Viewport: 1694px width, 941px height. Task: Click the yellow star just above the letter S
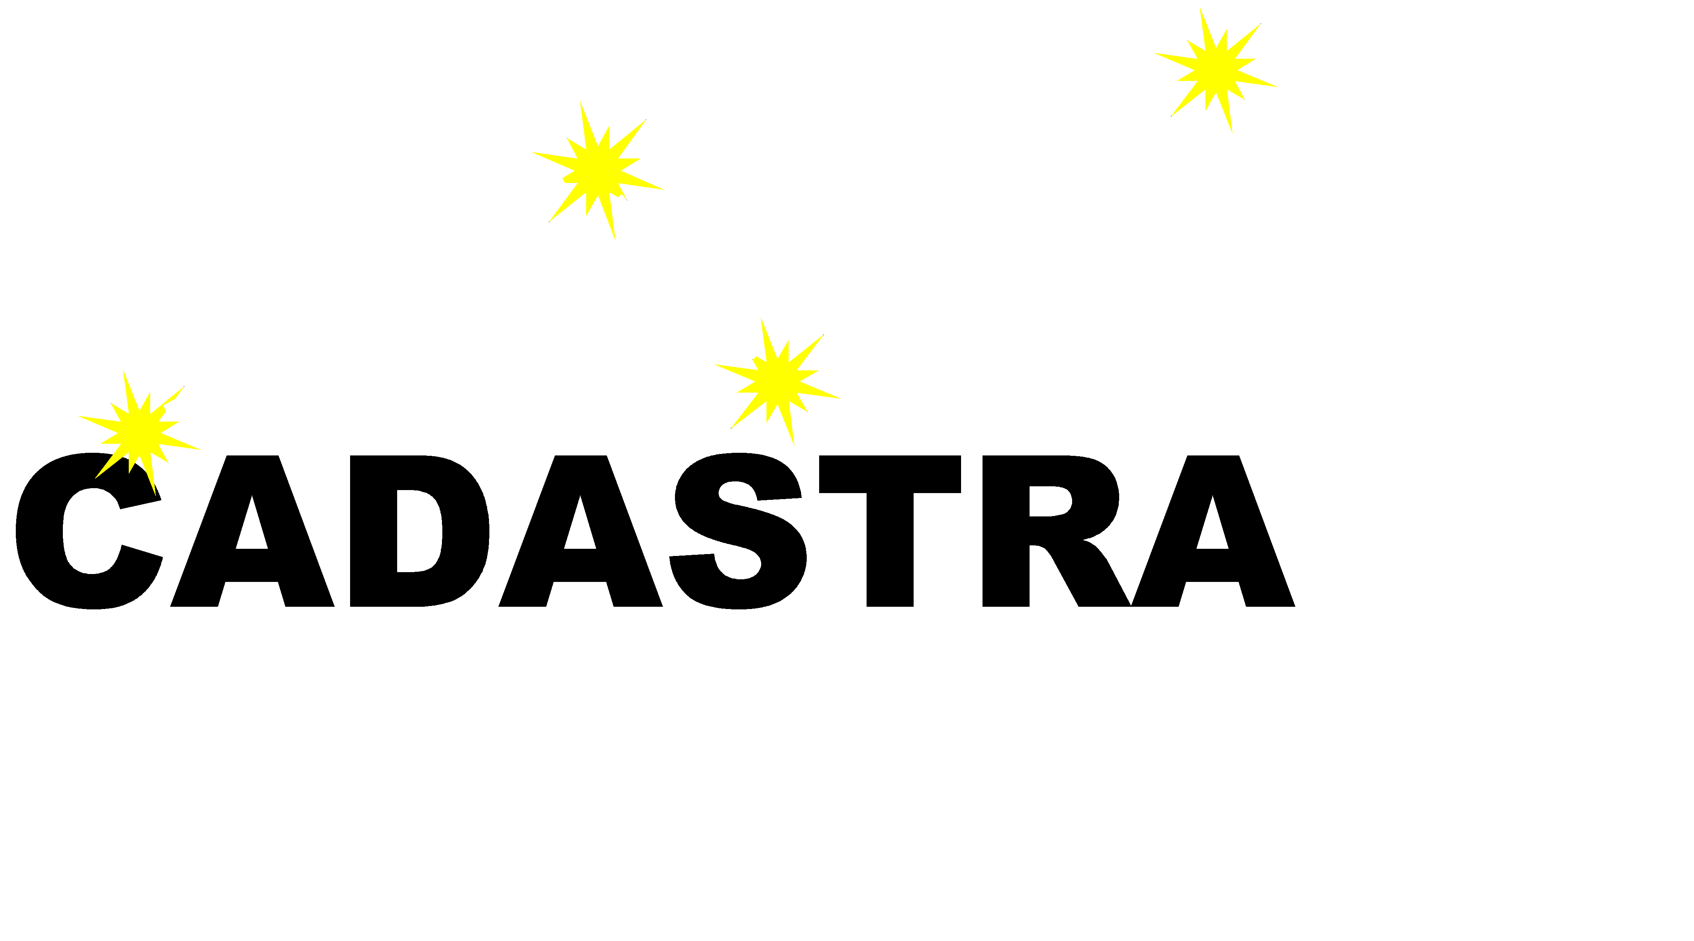coord(777,380)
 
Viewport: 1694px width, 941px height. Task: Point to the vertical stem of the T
coord(890,550)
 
